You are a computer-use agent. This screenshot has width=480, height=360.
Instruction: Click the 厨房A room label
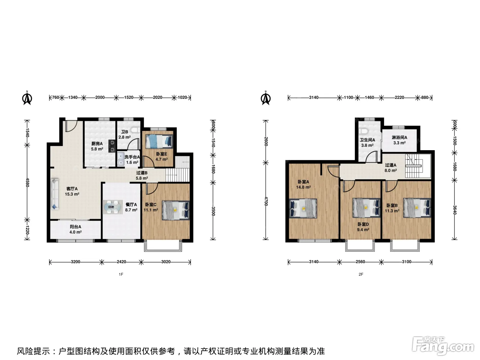[x=97, y=144]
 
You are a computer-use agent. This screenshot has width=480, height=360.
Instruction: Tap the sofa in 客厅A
[x=55, y=194]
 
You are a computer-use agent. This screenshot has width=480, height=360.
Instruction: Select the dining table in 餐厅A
[x=113, y=207]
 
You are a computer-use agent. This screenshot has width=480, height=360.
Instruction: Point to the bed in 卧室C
[x=176, y=210]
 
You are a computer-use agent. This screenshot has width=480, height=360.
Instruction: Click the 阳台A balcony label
[x=75, y=227]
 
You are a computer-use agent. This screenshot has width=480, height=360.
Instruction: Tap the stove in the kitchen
[x=112, y=146]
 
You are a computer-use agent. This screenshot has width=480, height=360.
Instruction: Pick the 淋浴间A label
[x=399, y=137]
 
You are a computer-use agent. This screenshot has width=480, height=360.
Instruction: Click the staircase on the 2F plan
[x=413, y=166]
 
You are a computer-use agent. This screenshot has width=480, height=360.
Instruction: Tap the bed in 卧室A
[x=303, y=208]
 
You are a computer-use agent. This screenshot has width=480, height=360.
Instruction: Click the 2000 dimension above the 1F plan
[x=100, y=97]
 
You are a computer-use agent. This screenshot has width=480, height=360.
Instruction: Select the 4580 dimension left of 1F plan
[x=27, y=182]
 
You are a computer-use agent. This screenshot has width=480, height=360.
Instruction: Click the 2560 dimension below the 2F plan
[x=360, y=262]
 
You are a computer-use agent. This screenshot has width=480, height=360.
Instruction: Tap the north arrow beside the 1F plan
[x=27, y=98]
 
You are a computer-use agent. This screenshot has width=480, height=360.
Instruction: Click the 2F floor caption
[x=361, y=274]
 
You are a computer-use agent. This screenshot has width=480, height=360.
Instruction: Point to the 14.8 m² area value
[x=303, y=187]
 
